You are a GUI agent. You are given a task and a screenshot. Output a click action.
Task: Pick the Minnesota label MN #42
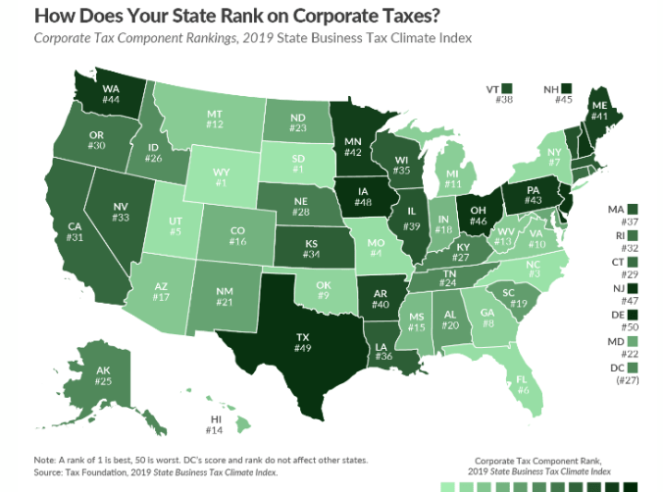tap(353, 146)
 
